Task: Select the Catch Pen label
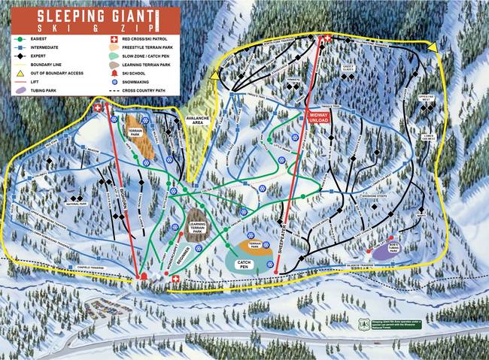tap(243, 263)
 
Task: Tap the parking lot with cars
tap(112, 307)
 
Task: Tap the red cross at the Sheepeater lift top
tap(327, 39)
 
